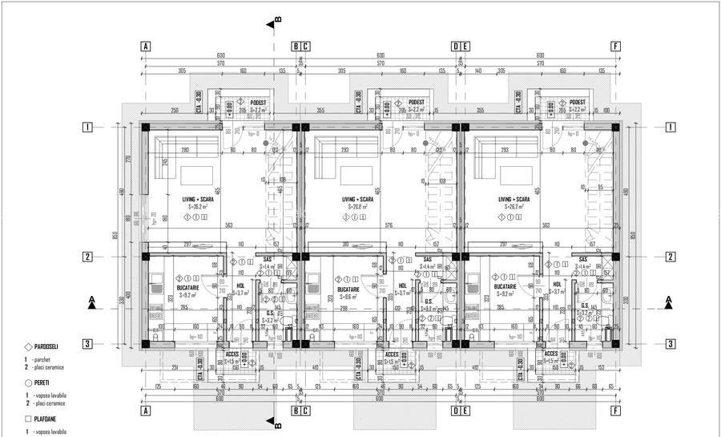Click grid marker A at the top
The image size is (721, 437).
point(145,47)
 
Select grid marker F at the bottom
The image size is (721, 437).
point(615,411)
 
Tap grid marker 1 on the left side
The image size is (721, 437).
point(88,127)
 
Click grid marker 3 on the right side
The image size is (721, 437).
point(669,344)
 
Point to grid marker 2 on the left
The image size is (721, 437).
point(88,257)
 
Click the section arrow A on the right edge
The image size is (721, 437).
point(668,301)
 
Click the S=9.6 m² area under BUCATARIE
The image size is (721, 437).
point(348,295)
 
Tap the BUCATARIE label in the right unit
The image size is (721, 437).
point(505,286)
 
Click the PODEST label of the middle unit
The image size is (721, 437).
point(416,103)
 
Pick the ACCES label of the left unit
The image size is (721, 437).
point(232,353)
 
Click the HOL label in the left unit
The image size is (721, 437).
point(241,285)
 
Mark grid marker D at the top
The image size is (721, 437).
point(455,47)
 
